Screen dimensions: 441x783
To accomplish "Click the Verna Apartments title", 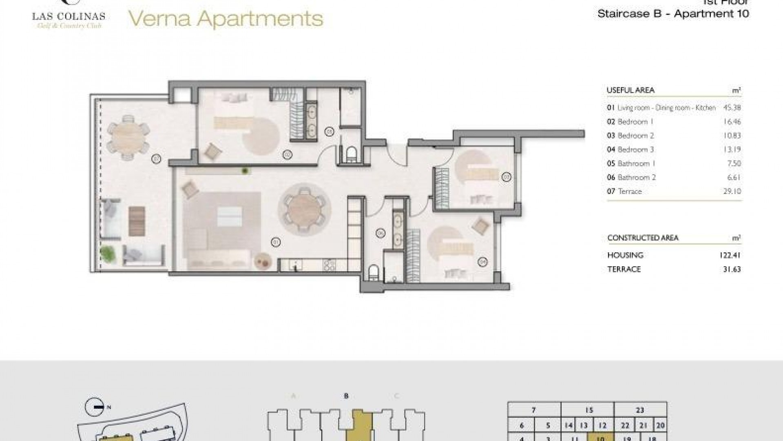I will [x=226, y=19].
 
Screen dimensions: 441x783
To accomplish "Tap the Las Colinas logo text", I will [x=69, y=17].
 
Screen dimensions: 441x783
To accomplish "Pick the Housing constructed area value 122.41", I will [x=730, y=256].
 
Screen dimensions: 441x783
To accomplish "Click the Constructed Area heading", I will [x=643, y=238].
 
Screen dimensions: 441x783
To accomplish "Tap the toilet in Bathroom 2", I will [x=373, y=272].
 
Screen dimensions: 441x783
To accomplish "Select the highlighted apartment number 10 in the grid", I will [x=600, y=438].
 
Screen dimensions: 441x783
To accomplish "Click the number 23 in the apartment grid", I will [x=640, y=410].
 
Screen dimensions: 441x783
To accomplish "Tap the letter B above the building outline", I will [x=346, y=396].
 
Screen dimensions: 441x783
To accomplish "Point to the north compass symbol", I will [x=94, y=407].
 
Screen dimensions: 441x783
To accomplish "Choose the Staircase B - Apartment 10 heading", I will [x=673, y=13].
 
